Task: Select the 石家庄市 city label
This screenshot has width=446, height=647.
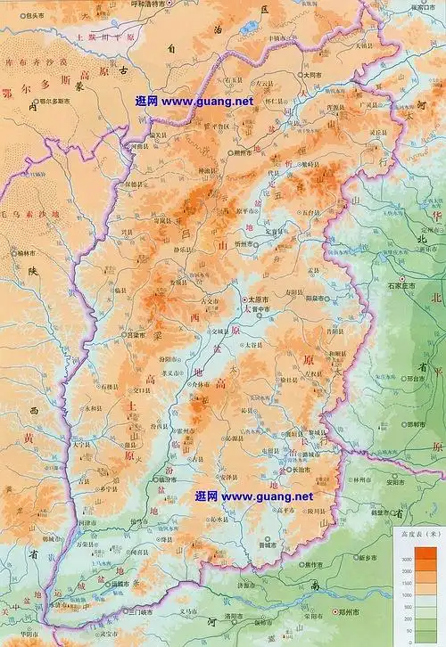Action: [411, 287]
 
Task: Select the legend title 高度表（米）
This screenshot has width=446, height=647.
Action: [418, 533]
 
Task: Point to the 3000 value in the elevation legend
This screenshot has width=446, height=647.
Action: [407, 558]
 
